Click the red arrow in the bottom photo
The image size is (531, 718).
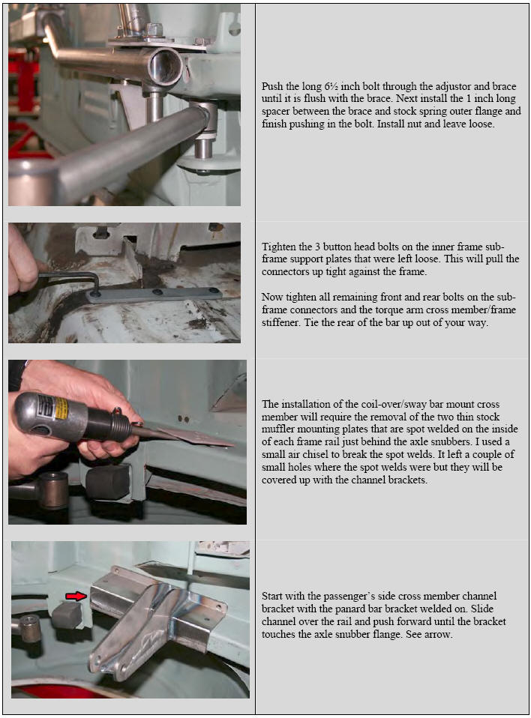(x=76, y=596)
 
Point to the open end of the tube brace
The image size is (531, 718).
(x=166, y=65)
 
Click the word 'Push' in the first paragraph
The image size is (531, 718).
(x=272, y=86)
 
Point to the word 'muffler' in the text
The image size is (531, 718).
(x=277, y=429)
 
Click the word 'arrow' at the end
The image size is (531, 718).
(x=437, y=635)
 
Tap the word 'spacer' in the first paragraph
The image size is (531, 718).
(x=276, y=112)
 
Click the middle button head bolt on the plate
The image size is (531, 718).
(x=157, y=292)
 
